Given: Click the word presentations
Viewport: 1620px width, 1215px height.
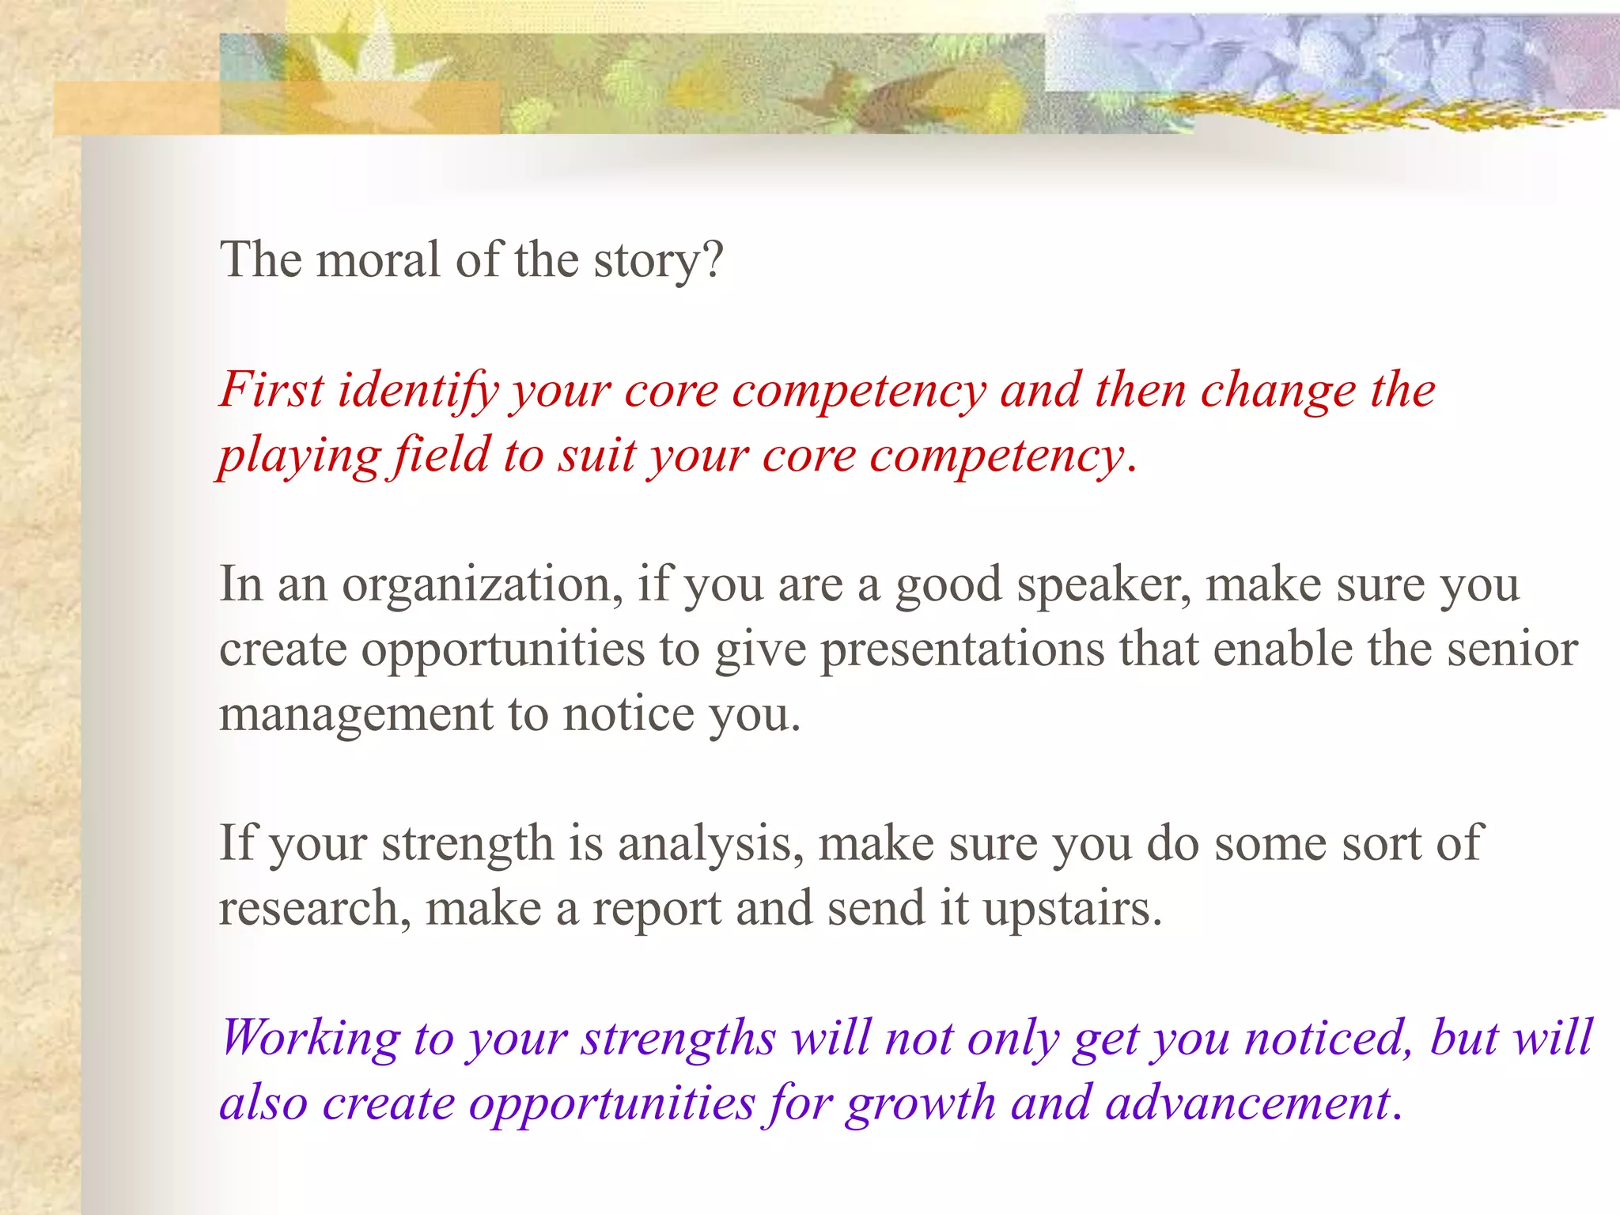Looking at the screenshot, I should pyautogui.click(x=962, y=650).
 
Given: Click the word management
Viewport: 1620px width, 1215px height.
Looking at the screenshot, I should pyautogui.click(x=356, y=715).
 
